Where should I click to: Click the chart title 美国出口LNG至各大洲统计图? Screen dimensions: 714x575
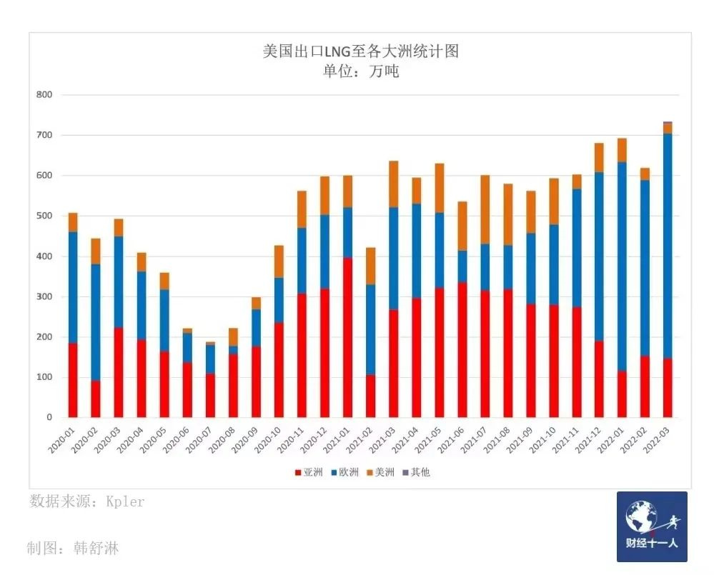[361, 51]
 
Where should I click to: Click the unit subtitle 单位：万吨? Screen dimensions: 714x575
[361, 71]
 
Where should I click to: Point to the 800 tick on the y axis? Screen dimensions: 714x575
[44, 94]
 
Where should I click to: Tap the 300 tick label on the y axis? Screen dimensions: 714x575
[44, 296]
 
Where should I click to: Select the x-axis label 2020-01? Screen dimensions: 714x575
[61, 440]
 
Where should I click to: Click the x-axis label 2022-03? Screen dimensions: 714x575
[655, 440]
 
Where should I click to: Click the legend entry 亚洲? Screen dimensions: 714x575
[309, 472]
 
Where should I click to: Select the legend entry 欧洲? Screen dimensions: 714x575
[344, 472]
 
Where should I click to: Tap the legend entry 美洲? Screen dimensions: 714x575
[381, 472]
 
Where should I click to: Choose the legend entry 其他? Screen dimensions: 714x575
[416, 472]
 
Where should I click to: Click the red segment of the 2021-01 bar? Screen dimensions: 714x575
[347, 338]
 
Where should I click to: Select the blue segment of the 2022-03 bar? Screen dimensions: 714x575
[668, 246]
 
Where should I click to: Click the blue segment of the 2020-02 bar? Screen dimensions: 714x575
[96, 323]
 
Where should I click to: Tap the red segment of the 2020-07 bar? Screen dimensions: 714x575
[210, 396]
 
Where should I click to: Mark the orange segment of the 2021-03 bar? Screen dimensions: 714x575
[393, 184]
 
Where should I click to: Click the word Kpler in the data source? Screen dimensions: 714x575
[125, 501]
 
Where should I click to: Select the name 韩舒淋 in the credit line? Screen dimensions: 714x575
[96, 548]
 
